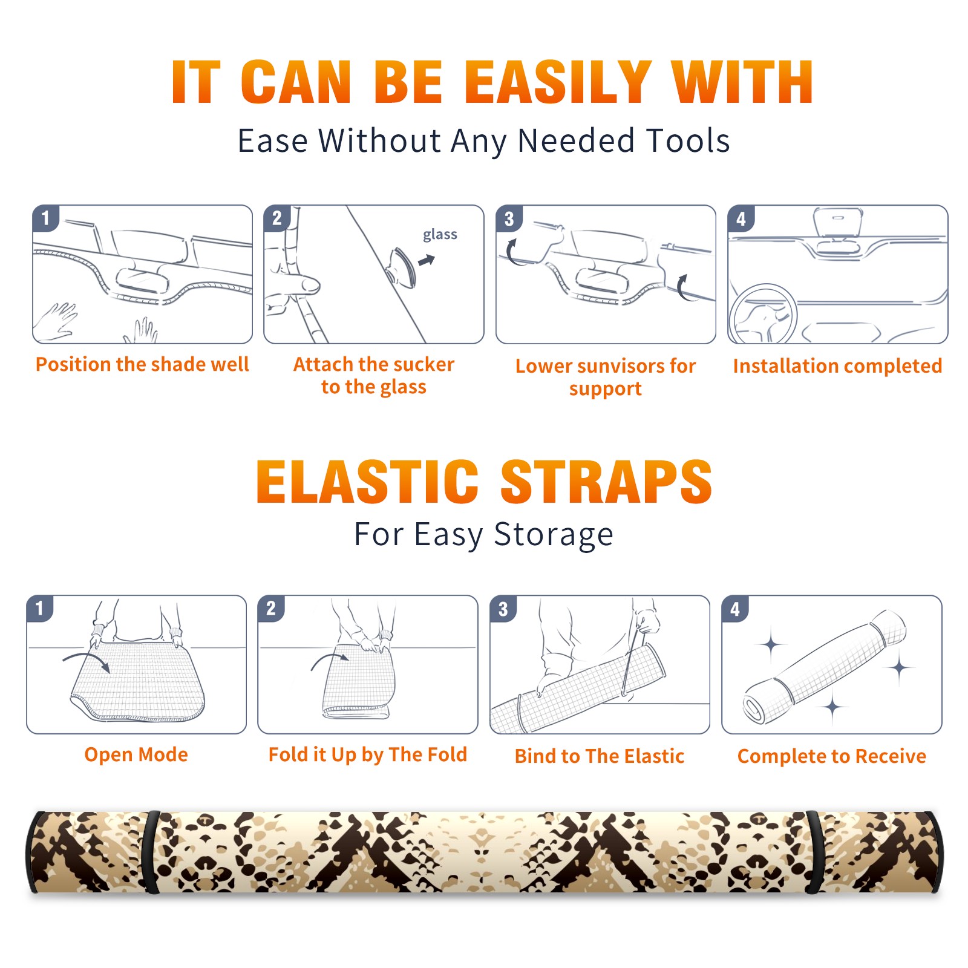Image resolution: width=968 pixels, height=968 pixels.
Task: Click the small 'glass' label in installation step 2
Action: tap(440, 235)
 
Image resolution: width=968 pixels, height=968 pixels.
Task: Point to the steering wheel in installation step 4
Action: tap(762, 315)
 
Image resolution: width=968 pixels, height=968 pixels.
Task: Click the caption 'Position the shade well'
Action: tap(142, 364)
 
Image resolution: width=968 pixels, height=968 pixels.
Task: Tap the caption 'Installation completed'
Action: tap(837, 366)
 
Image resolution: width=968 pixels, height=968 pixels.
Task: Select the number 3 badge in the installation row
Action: tap(509, 218)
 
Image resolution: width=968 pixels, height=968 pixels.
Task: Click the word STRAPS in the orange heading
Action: tap(606, 482)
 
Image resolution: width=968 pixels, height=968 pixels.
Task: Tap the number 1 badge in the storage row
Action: tap(40, 608)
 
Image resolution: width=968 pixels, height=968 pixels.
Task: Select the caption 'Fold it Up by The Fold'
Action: tap(368, 755)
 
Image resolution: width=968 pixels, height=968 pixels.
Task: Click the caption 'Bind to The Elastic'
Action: tap(600, 756)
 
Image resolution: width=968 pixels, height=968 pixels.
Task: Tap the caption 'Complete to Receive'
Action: tap(832, 756)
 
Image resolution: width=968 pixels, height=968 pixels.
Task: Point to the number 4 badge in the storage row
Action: tap(735, 608)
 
